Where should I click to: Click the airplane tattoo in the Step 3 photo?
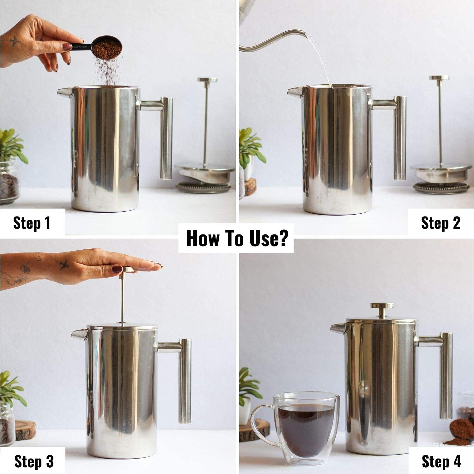pos(64,264)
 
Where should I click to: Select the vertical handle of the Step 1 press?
pos(166,138)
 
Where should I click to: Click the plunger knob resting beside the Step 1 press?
pos(207,80)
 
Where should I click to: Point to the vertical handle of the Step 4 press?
pos(446,376)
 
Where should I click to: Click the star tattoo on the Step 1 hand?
pos(15,41)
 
